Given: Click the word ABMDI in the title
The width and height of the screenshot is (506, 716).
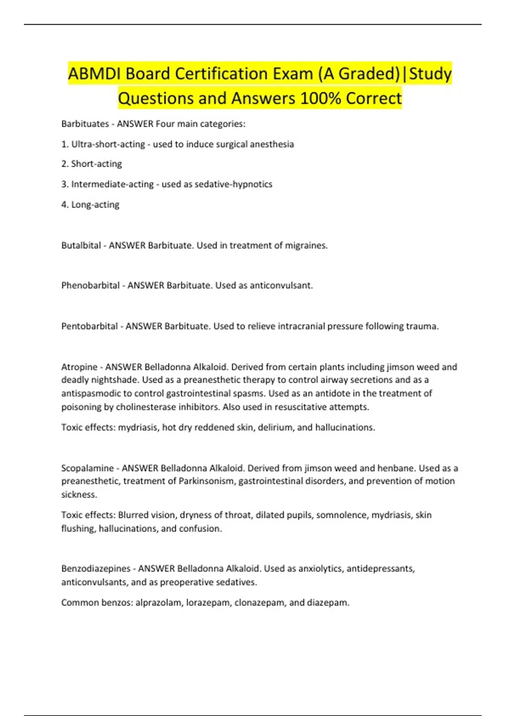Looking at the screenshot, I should pyautogui.click(x=94, y=74).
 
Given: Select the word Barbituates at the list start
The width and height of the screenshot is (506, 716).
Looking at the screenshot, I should pyautogui.click(x=85, y=124).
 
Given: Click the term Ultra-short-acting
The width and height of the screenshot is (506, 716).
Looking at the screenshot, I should pyautogui.click(x=108, y=144).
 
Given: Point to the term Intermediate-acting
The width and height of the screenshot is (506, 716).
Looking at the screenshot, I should pyautogui.click(x=112, y=184).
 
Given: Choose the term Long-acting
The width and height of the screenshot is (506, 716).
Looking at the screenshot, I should pyautogui.click(x=95, y=205).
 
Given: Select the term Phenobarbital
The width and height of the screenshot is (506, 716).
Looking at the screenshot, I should pyautogui.click(x=90, y=286).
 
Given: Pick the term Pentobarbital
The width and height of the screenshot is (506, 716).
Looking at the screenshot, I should pyautogui.click(x=89, y=326).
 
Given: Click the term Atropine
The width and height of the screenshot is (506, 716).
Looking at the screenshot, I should pyautogui.click(x=79, y=367).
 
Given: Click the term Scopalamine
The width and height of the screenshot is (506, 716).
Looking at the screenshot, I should pyautogui.click(x=87, y=468).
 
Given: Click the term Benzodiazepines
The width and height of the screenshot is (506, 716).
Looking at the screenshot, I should pyautogui.click(x=96, y=569).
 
